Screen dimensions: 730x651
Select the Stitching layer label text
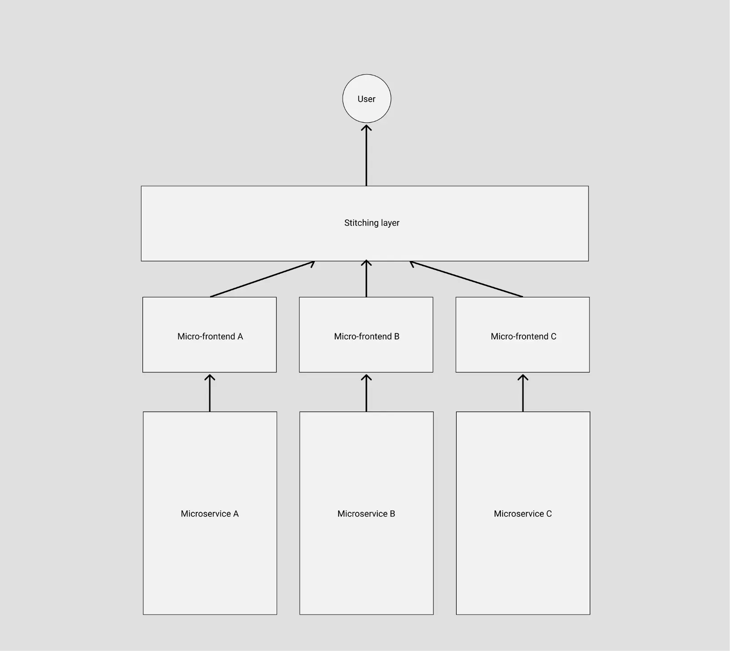tap(371, 223)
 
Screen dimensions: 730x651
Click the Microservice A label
tap(209, 514)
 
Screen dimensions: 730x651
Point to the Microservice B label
tap(366, 514)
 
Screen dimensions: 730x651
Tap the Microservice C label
tap(522, 514)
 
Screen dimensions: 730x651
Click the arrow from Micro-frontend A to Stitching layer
tap(262, 279)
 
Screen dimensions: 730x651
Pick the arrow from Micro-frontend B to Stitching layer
tap(366, 279)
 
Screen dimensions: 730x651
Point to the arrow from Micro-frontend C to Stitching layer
tap(466, 279)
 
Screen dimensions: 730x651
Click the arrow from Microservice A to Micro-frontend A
tap(210, 393)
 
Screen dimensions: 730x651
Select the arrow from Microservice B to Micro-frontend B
tap(366, 393)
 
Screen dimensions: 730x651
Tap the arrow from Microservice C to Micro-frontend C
tap(523, 393)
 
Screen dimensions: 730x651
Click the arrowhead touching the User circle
tap(366, 128)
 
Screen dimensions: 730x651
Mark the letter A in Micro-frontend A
tap(240, 337)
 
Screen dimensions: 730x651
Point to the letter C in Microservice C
tap(549, 514)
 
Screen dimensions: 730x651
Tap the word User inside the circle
tap(366, 99)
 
